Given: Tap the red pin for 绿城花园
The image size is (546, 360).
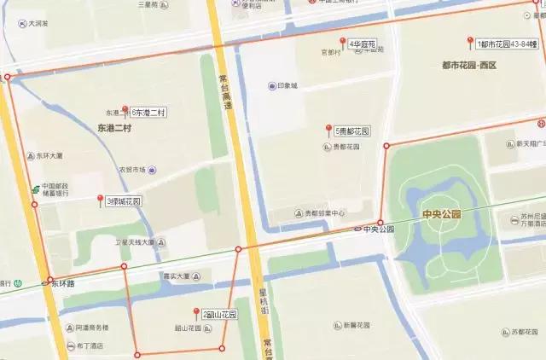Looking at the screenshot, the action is (101, 200).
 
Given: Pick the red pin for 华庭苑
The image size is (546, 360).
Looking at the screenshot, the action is (343, 42).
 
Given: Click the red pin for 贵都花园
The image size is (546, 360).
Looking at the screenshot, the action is (328, 130).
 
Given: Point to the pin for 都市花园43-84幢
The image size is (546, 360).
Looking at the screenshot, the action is (470, 43).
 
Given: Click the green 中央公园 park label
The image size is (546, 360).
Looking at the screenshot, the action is (440, 213).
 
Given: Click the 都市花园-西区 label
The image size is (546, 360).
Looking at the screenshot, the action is (469, 65).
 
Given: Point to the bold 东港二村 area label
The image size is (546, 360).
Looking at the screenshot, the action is (114, 128).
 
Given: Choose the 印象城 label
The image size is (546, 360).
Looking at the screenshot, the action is (288, 86).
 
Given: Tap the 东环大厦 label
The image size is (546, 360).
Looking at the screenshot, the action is (49, 156).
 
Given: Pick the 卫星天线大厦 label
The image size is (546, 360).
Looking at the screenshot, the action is (135, 242).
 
